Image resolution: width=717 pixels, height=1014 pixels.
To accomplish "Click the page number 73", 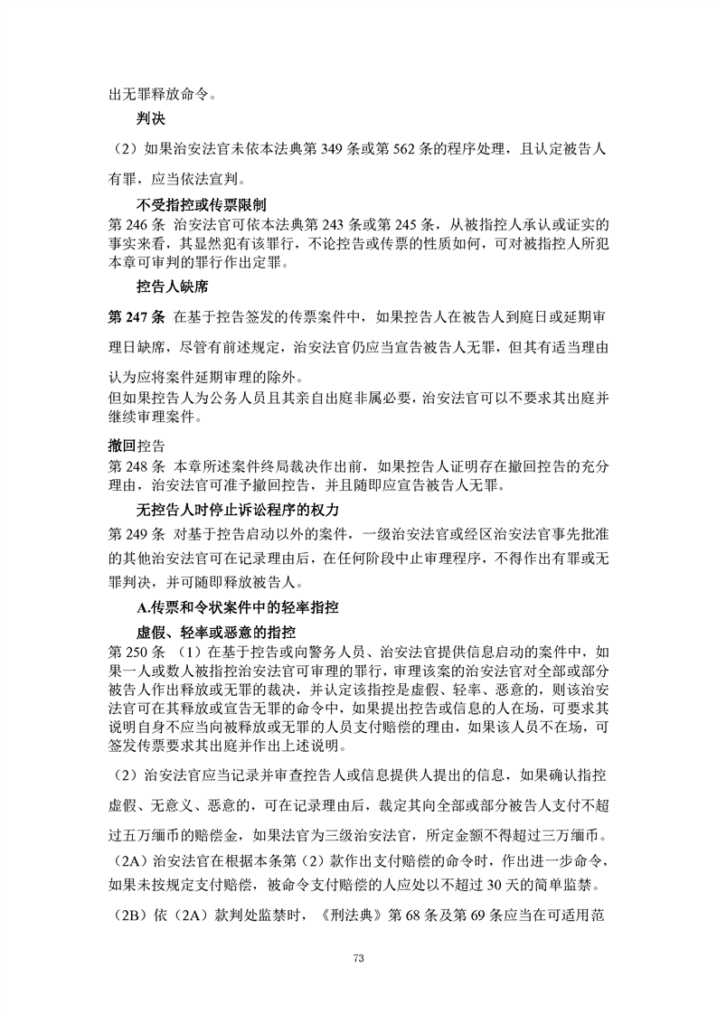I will [x=358, y=959].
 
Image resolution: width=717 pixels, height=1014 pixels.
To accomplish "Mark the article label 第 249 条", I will [x=134, y=532].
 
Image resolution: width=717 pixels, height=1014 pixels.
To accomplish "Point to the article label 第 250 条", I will [x=134, y=652].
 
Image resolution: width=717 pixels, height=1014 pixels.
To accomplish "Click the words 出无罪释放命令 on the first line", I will [x=155, y=90].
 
